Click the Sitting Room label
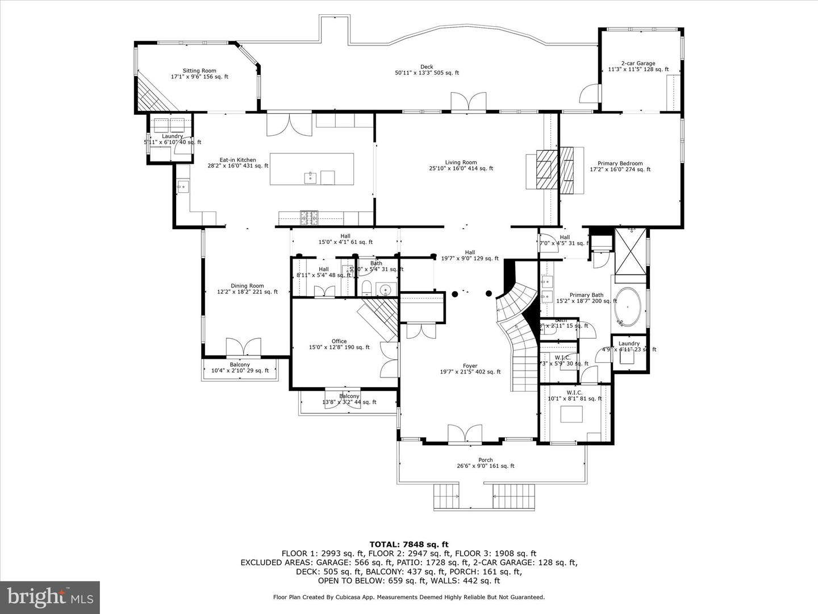click(x=199, y=74)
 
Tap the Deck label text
click(x=427, y=70)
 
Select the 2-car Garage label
click(x=638, y=67)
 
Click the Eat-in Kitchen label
click(x=238, y=163)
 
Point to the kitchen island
click(x=311, y=169)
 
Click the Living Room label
click(x=461, y=165)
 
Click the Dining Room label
click(x=247, y=289)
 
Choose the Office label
click(x=339, y=344)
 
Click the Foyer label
click(x=470, y=369)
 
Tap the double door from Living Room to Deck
click(x=469, y=102)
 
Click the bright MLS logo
click(x=50, y=597)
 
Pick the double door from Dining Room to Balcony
click(x=243, y=348)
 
